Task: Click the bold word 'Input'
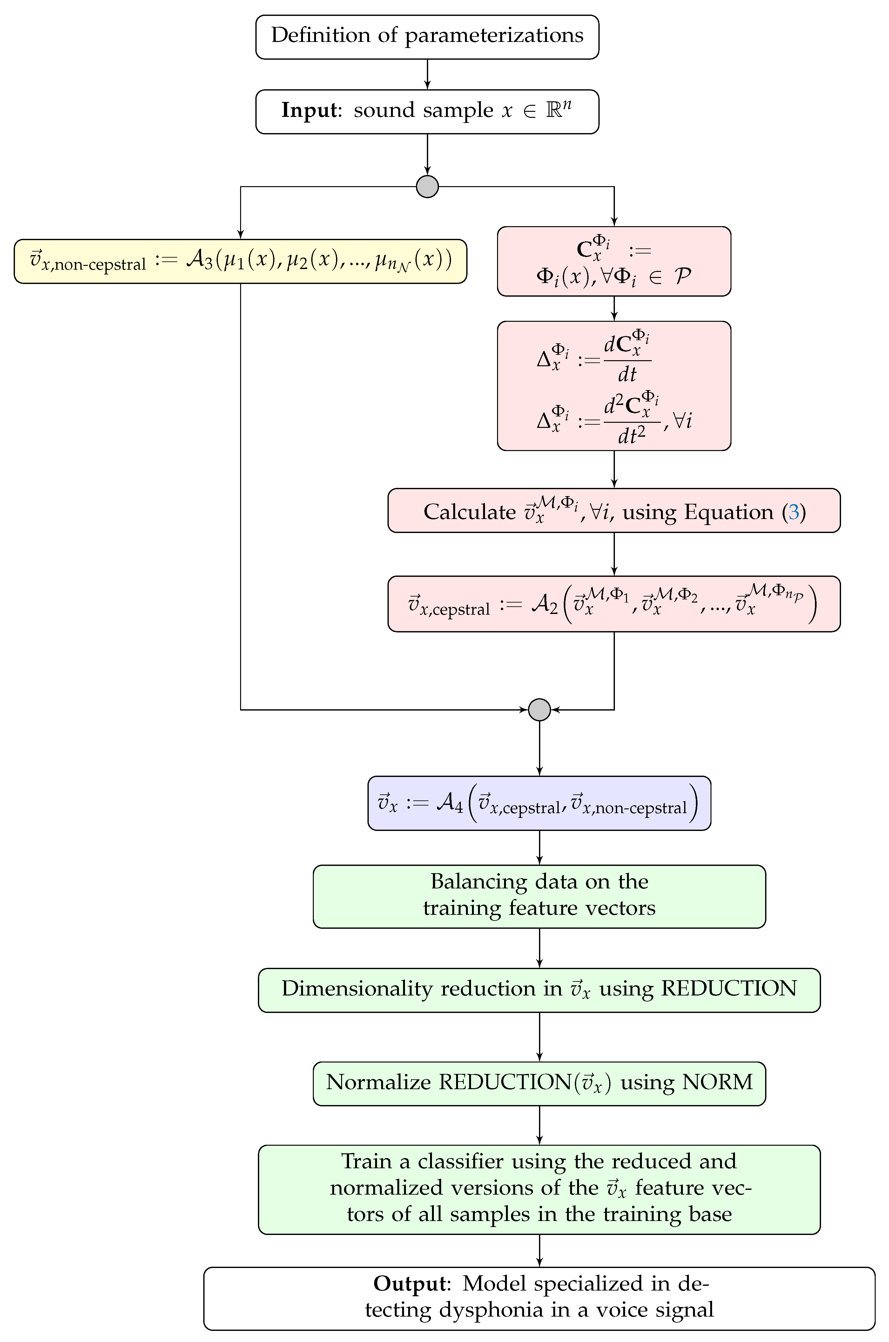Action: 310,110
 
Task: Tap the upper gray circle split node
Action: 427,186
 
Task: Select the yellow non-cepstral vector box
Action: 240,261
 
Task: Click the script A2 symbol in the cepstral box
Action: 544,605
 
